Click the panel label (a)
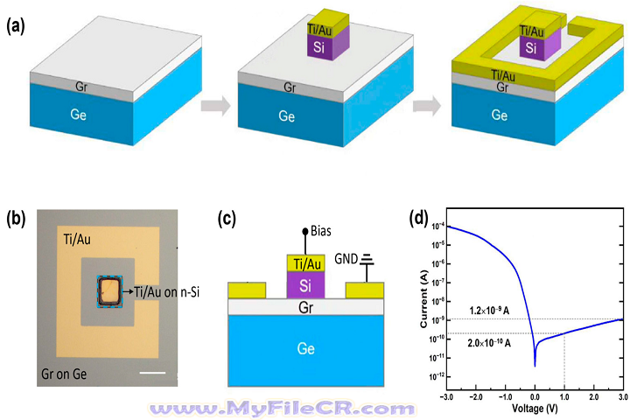(x=15, y=25)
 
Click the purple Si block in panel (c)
(x=304, y=285)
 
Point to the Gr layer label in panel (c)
(x=304, y=307)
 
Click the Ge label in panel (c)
(x=304, y=346)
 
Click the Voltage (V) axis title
(x=534, y=407)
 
